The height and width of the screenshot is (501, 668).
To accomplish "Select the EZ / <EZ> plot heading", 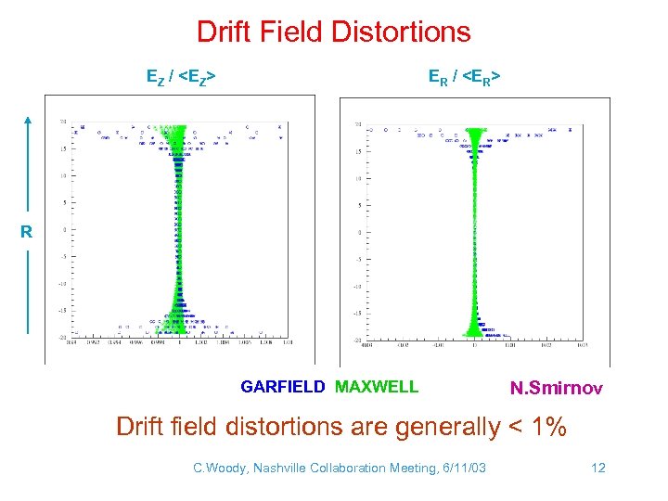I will [182, 79].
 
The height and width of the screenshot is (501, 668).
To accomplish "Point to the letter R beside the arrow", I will [28, 232].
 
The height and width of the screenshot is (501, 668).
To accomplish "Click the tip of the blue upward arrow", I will [28, 119].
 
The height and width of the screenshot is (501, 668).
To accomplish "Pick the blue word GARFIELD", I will [283, 386].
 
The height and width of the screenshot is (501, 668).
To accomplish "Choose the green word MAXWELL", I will [377, 386].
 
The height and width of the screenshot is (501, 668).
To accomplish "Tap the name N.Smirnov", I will [557, 388].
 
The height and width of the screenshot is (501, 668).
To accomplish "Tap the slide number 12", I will [598, 468].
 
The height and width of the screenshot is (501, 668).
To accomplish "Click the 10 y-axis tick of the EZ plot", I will [63, 175].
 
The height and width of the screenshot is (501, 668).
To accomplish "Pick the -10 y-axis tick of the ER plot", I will [357, 287].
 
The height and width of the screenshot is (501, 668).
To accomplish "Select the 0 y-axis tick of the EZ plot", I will [64, 230].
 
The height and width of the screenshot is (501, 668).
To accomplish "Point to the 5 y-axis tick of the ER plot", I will [359, 205].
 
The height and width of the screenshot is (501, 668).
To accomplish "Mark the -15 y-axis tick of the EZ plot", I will [62, 312].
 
